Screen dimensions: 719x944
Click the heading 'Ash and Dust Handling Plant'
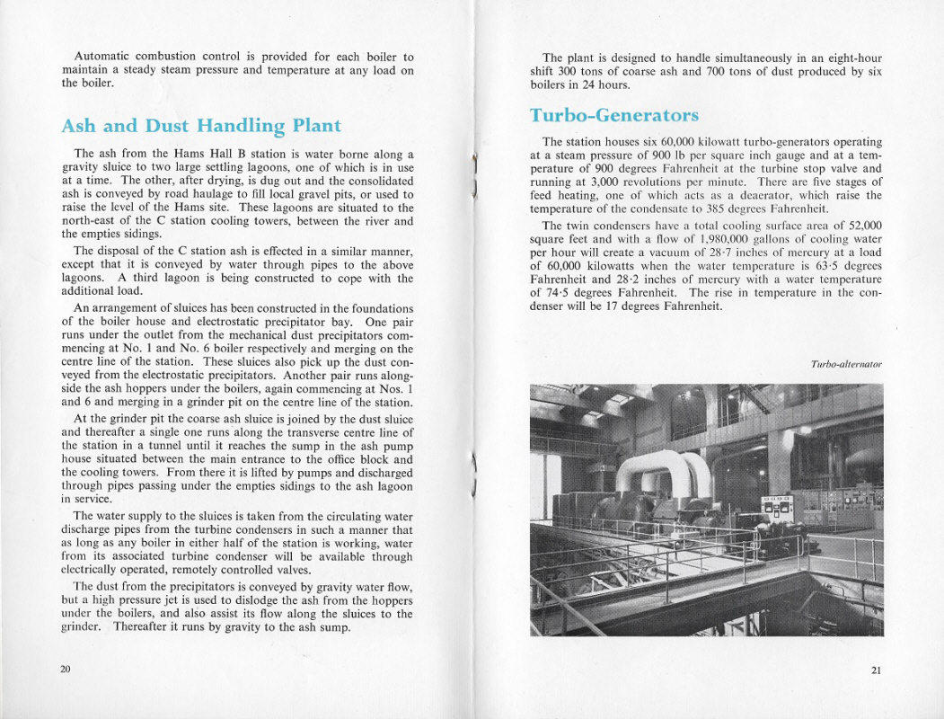(x=201, y=126)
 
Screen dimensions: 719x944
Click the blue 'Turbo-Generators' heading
(x=613, y=116)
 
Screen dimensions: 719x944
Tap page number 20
(x=66, y=669)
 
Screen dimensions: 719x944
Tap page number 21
(x=877, y=670)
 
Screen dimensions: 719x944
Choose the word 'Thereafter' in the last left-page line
(x=143, y=626)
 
